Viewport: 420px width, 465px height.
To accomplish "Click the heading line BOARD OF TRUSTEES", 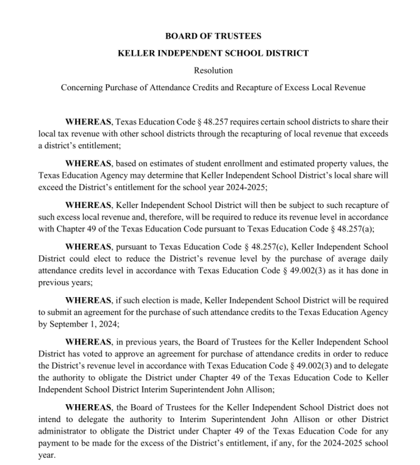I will point(213,36).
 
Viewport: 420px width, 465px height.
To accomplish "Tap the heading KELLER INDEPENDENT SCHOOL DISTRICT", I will point(213,53).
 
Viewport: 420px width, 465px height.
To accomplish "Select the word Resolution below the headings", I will point(213,70).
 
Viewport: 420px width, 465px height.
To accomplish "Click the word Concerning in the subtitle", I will point(80,87).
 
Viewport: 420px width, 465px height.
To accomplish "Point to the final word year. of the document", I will point(46,454).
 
